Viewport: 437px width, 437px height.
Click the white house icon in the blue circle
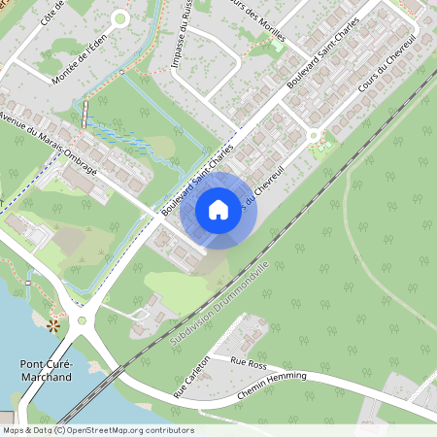click(x=218, y=209)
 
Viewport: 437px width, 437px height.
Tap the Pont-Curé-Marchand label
click(x=46, y=370)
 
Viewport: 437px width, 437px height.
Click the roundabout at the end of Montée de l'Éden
click(x=120, y=17)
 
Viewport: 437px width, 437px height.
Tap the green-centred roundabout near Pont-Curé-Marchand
click(x=82, y=319)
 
